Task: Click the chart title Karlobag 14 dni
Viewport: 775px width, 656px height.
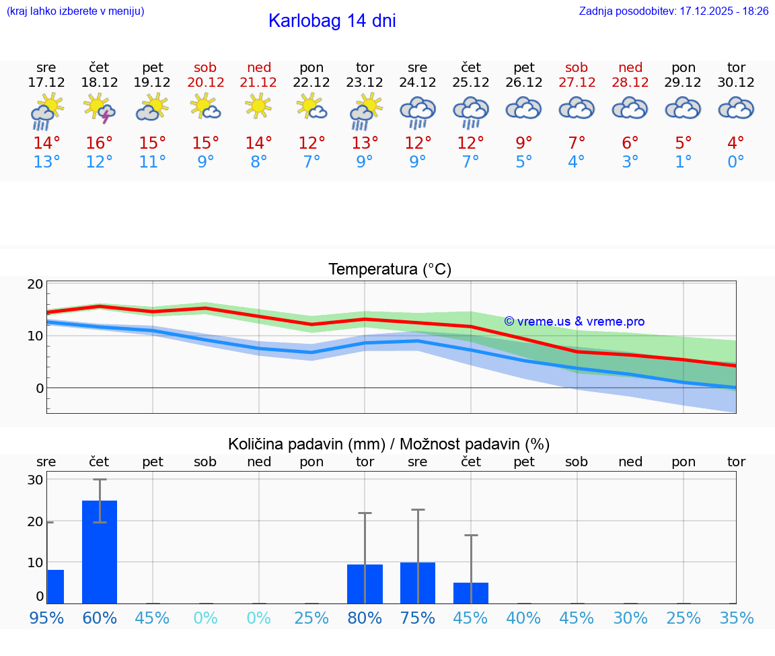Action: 332,21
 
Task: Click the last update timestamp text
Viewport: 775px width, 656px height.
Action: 673,11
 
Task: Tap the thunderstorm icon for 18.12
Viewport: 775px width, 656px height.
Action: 99,108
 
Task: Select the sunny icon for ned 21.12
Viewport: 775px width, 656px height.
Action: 258,106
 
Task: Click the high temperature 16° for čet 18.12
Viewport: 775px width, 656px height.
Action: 99,143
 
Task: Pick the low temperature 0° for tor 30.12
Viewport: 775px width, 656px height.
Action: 736,162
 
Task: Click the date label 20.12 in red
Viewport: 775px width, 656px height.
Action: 205,82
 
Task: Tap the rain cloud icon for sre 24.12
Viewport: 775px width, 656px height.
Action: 418,111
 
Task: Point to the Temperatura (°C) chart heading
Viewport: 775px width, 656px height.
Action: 390,270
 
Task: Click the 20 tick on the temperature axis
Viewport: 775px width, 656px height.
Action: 35,284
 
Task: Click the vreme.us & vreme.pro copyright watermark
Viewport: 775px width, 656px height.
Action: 574,322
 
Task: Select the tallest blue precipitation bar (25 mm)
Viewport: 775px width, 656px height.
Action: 100,552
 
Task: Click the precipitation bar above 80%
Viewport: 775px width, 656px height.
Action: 365,583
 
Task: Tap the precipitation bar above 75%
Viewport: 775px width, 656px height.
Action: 418,583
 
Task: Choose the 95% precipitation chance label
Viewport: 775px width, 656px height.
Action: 46,618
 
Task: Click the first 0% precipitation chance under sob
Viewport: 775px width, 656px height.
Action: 205,618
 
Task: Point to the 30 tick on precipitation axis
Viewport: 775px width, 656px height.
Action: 35,480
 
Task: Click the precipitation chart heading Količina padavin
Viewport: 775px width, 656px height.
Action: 389,444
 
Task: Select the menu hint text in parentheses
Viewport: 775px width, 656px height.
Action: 75,11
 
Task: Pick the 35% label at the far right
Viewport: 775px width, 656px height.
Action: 736,618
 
